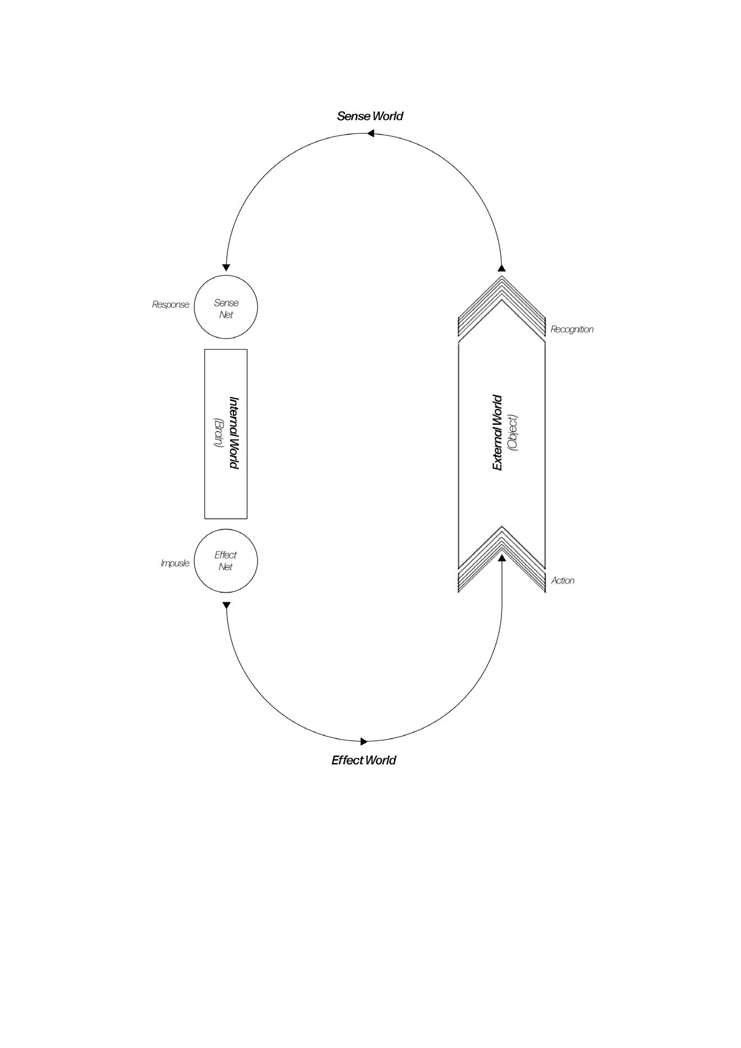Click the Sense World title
(370, 116)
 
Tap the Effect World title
(363, 760)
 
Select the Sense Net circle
(226, 307)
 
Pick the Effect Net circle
(226, 561)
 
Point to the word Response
(171, 304)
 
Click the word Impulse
(175, 563)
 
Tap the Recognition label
(572, 329)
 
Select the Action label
(563, 580)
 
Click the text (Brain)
(218, 433)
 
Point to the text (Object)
(513, 433)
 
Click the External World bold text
(498, 433)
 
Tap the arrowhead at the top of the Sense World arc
(371, 133)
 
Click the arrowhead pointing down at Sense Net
(226, 268)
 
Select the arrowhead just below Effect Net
(226, 605)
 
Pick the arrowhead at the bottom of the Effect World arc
(364, 741)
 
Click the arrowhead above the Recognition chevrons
(502, 268)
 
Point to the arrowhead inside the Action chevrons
(502, 558)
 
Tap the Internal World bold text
(233, 433)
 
